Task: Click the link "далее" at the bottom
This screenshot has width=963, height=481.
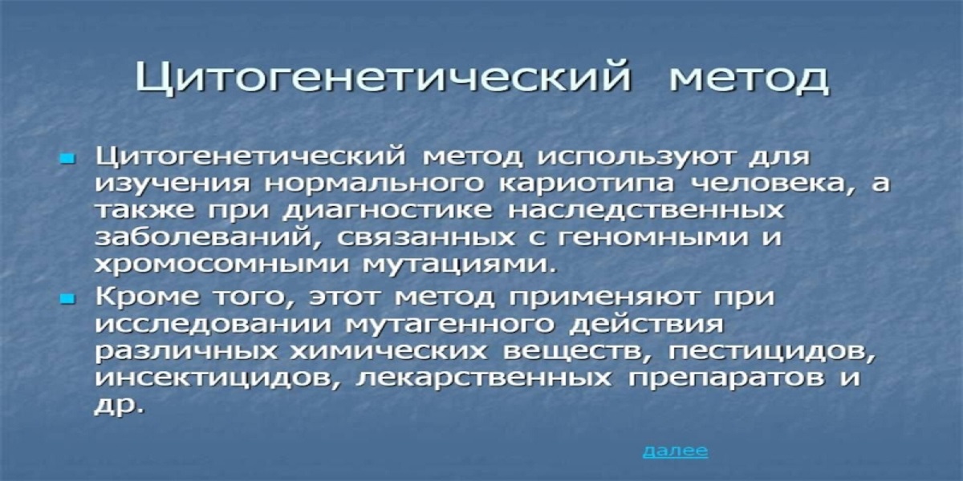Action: pos(675,451)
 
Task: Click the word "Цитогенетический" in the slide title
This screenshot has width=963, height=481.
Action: pos(383,79)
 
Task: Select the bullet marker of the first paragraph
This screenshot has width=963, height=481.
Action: pos(67,160)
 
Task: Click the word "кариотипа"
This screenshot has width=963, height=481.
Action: pos(587,184)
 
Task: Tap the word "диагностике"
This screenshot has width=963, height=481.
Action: pos(386,212)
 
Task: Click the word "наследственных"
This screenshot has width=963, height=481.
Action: pos(646,212)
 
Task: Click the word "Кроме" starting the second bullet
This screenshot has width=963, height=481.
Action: pos(147,297)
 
